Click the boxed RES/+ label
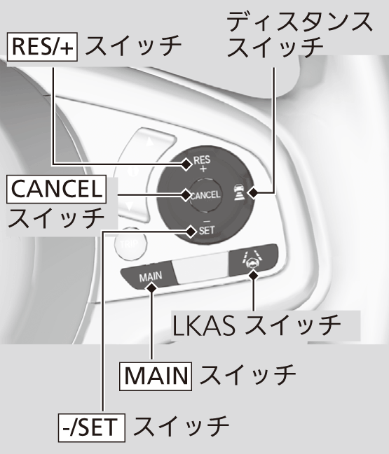pos(42,47)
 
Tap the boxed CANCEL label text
pos(56,189)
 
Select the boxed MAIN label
pos(156,376)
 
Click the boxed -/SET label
pos(92,427)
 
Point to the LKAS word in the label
pos(204,326)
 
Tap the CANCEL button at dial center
pos(205,195)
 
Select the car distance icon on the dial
pos(240,193)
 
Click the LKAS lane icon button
pos(253,259)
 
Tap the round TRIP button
pos(130,244)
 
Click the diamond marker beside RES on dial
pos(186,164)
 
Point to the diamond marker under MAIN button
pos(151,288)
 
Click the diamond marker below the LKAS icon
pos(254,276)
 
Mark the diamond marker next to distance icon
pos(253,192)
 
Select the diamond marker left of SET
pos(191,232)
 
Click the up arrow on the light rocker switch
pos(150,141)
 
